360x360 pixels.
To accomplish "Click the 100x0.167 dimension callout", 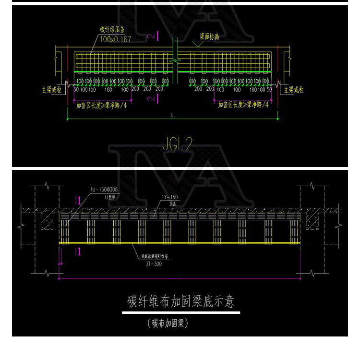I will (115, 39).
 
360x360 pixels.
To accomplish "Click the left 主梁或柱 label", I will (52, 89).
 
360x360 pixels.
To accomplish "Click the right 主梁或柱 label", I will (294, 89).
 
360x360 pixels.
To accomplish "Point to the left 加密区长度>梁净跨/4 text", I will (102, 104).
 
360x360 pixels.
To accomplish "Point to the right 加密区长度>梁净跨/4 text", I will (243, 104).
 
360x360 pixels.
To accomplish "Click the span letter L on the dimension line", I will (172, 115).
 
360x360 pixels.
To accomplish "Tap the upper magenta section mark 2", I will (151, 36).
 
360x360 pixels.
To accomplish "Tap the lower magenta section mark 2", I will (151, 98).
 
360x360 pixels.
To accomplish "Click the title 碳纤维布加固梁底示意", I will (180, 301).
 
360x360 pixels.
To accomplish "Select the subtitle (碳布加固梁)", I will (168, 323).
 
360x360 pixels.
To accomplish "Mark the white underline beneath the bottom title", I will (180, 312).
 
